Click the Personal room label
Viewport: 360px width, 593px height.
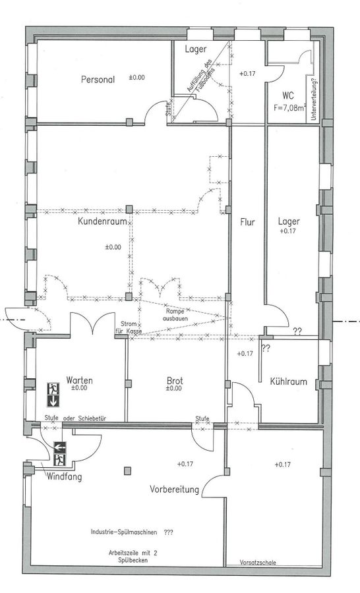pos(98,80)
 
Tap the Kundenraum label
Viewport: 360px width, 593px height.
pos(102,221)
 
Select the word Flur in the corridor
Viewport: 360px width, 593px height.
pos(247,221)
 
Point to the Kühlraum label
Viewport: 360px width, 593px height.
pos(288,381)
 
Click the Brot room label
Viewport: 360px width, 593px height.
pos(175,380)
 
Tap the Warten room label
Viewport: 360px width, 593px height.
pos(80,380)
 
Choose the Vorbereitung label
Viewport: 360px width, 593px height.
pos(174,490)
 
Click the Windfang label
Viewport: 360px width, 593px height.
pos(64,477)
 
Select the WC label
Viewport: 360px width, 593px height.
pos(287,96)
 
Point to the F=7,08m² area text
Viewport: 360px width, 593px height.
pos(290,107)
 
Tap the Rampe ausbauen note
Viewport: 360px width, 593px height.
pos(175,315)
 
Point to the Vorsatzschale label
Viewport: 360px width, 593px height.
pos(258,563)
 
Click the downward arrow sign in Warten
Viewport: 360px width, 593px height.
pos(53,401)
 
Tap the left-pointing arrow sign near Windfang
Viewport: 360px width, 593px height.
pos(60,447)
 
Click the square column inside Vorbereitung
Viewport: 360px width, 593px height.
pos(127,471)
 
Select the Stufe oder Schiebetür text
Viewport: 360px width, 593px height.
pos(75,418)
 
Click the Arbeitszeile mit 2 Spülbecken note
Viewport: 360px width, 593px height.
pos(133,556)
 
